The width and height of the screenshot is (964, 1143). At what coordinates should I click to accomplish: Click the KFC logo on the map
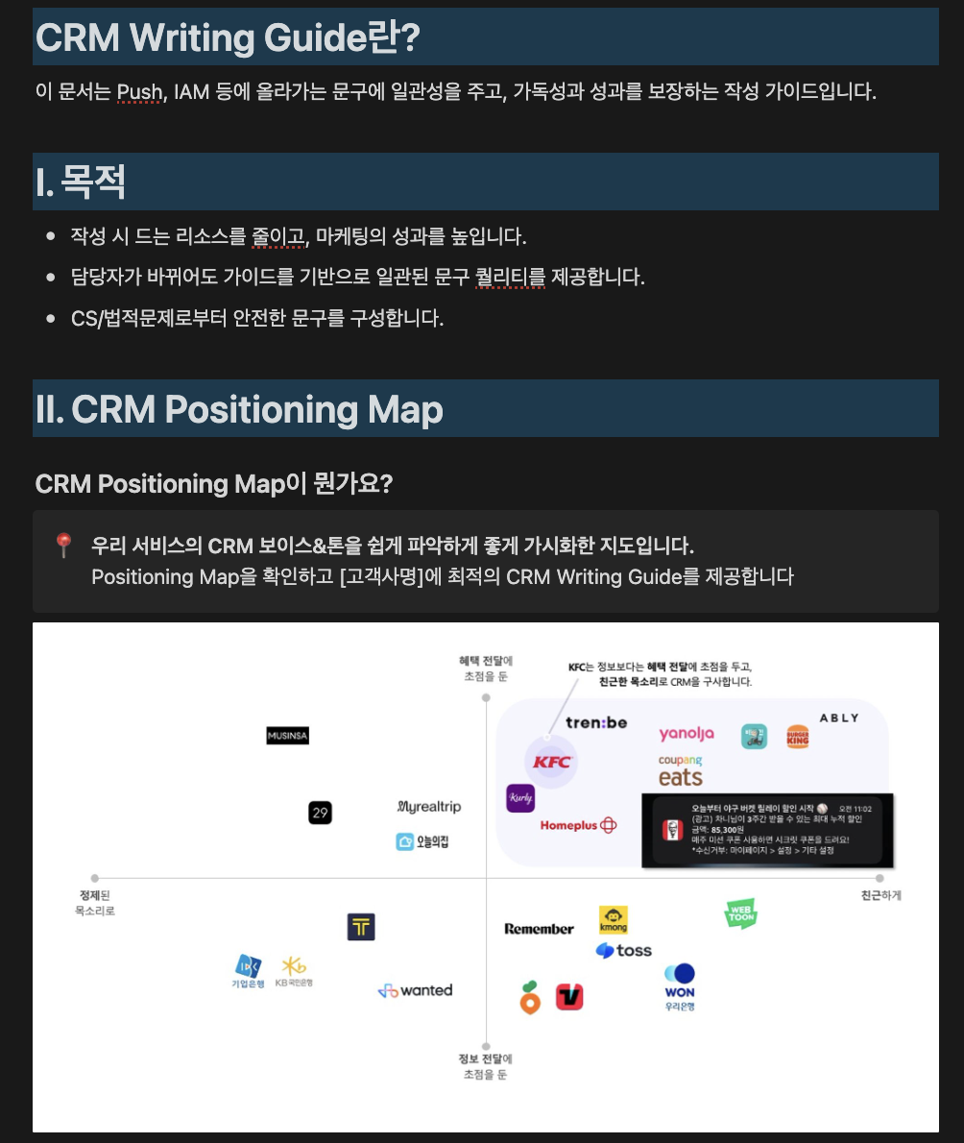(552, 762)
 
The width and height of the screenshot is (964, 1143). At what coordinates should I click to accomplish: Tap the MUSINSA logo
(287, 736)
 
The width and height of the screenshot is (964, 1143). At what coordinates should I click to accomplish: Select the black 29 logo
(320, 813)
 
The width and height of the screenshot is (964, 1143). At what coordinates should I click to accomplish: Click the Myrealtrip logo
(428, 807)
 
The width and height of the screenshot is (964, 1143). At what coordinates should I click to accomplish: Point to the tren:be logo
(596, 722)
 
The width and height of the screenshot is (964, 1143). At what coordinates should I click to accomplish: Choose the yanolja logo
(687, 734)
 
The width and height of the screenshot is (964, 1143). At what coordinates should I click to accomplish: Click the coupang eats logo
(681, 771)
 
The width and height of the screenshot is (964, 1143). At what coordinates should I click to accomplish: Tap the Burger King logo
(798, 737)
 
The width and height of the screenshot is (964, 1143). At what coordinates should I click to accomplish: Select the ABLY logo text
(839, 717)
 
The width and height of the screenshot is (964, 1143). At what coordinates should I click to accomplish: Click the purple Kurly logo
(520, 798)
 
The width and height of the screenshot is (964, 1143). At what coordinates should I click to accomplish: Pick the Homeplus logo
(578, 825)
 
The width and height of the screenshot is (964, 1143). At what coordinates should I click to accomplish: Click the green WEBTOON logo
(740, 913)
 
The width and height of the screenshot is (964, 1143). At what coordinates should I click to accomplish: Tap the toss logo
(624, 951)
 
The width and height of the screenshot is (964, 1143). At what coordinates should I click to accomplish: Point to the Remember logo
(539, 929)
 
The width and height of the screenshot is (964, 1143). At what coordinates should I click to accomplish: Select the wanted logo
(415, 990)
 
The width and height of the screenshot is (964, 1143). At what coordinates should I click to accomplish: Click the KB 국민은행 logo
(294, 970)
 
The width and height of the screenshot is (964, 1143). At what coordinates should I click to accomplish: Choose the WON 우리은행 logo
(680, 986)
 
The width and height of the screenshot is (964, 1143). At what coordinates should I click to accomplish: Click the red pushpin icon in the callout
(63, 546)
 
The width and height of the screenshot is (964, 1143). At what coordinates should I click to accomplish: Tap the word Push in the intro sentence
(139, 92)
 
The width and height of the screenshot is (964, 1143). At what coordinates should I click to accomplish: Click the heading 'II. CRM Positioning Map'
(239, 409)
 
